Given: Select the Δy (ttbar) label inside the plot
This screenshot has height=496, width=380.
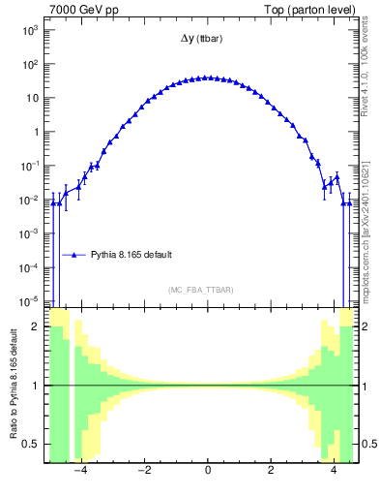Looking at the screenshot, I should [x=207, y=40].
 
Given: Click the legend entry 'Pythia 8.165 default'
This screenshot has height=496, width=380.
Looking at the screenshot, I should [x=132, y=255].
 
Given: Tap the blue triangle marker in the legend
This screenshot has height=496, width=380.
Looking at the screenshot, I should [x=74, y=255].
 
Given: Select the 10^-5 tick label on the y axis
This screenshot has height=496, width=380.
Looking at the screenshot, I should [x=30, y=301].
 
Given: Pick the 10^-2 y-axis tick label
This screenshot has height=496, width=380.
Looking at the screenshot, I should [x=30, y=200].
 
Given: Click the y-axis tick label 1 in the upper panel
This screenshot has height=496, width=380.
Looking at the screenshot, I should [x=35, y=132].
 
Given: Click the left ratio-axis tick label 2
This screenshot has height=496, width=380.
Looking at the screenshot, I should [x=37, y=327].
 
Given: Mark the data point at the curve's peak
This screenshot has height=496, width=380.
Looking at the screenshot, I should [x=208, y=77].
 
